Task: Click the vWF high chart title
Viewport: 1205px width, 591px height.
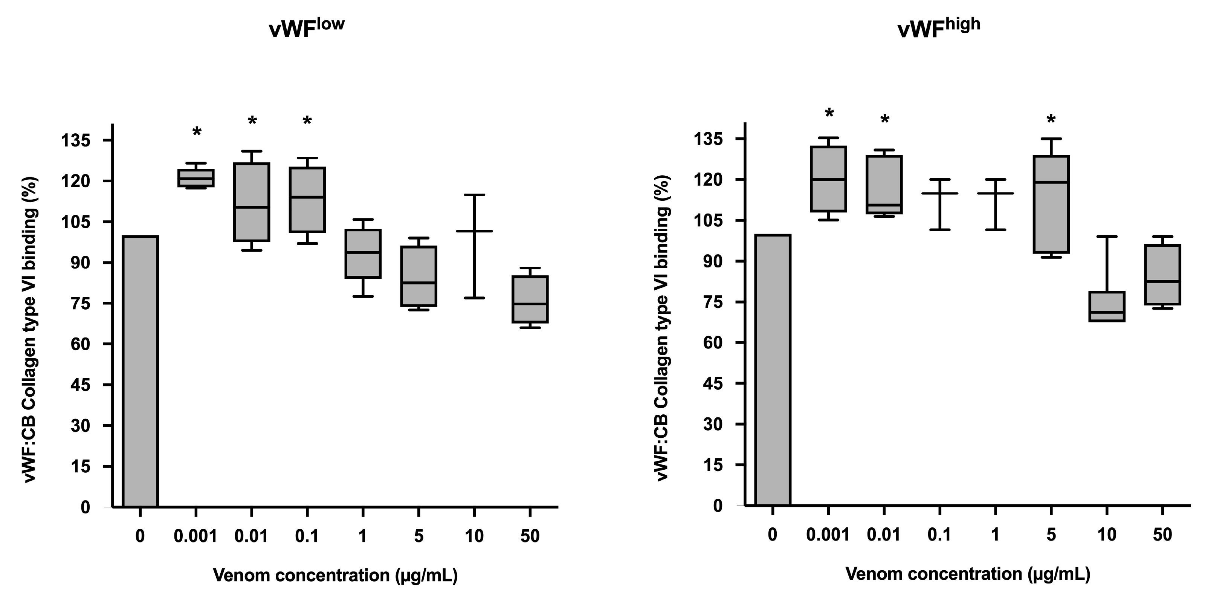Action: point(938,28)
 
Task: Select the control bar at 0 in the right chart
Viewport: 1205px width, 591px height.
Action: point(773,370)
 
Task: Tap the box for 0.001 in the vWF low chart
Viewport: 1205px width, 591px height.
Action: point(196,178)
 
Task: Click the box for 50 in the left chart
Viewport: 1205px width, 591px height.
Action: point(530,299)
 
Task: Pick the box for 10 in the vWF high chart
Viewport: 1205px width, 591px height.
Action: point(1107,307)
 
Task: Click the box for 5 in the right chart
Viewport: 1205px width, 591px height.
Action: point(1051,205)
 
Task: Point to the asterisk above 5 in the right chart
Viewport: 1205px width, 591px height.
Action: point(1051,120)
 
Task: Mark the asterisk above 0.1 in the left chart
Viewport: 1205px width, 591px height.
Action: point(307,122)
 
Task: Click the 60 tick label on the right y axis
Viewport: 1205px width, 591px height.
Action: point(713,342)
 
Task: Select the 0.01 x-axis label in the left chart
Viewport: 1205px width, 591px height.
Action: point(252,536)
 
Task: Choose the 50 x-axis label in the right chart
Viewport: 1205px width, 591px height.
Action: point(1162,534)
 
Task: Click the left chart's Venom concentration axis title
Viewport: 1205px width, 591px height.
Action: point(335,575)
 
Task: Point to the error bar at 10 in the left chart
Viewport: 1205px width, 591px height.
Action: point(474,246)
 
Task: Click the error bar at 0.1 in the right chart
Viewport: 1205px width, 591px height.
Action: point(940,205)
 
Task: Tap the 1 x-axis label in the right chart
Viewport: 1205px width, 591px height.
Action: point(995,534)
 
